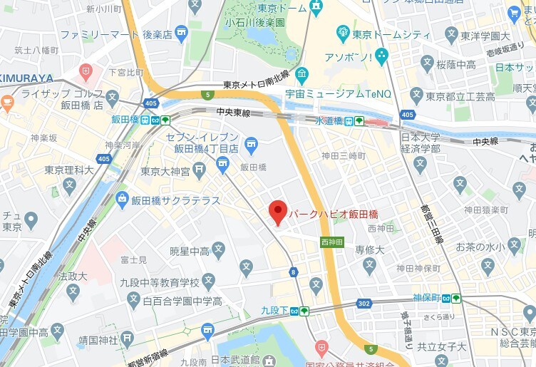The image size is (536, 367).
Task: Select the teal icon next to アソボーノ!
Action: [x=381, y=55]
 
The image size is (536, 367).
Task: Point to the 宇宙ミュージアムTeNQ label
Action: [x=343, y=91]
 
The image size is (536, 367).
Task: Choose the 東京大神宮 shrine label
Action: [x=165, y=171]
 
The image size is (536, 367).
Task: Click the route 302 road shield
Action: [x=364, y=303]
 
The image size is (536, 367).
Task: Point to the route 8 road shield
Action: [x=293, y=272]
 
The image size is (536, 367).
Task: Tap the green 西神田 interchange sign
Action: [x=332, y=242]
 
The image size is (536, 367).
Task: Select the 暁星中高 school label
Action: [x=190, y=250]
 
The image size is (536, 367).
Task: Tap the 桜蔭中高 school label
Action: [x=455, y=64]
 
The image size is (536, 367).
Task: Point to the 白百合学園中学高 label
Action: [x=182, y=301]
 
